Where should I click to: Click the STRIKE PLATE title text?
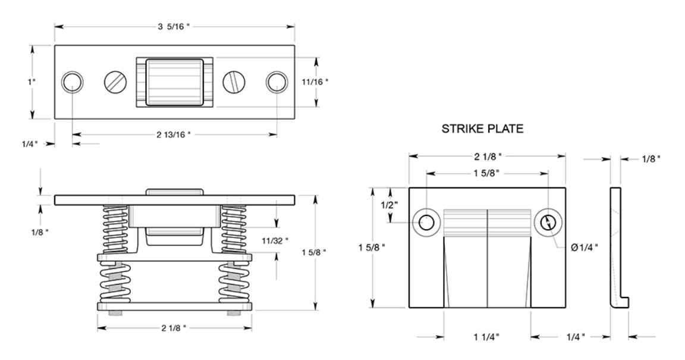click(x=482, y=129)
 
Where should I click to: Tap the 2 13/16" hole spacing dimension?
click(x=174, y=135)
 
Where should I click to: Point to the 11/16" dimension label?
click(x=315, y=82)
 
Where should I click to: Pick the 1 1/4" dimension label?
click(x=486, y=337)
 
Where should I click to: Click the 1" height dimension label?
click(x=32, y=82)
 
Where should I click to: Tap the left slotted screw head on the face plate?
click(x=115, y=82)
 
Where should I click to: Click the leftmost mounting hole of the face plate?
click(x=73, y=82)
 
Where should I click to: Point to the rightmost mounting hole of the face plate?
click(x=276, y=82)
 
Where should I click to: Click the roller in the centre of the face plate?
click(x=175, y=82)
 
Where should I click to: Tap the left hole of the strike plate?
click(x=426, y=223)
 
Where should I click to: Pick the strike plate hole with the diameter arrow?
click(x=549, y=223)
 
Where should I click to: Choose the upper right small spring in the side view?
click(x=233, y=229)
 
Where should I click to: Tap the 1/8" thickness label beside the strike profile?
click(x=651, y=159)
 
